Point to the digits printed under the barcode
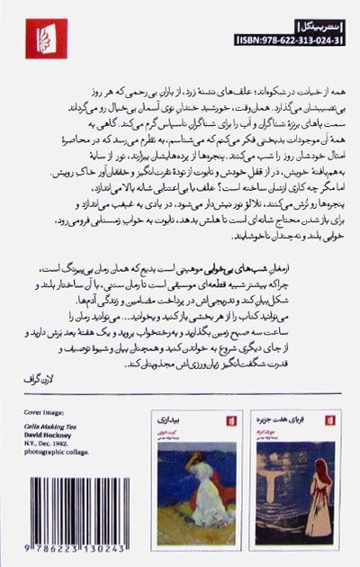pos(75,554)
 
